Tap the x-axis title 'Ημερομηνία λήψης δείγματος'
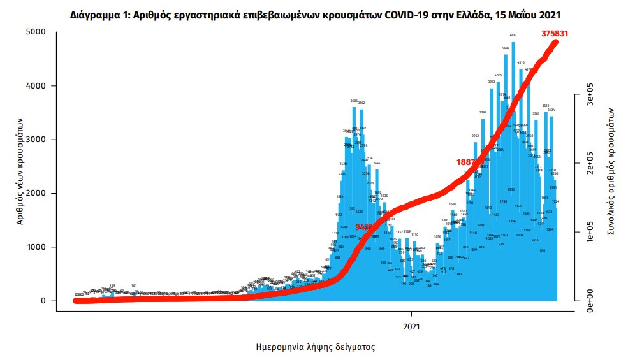pos(315,347)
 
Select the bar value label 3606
pos(354,101)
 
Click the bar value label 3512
pos(546,106)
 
